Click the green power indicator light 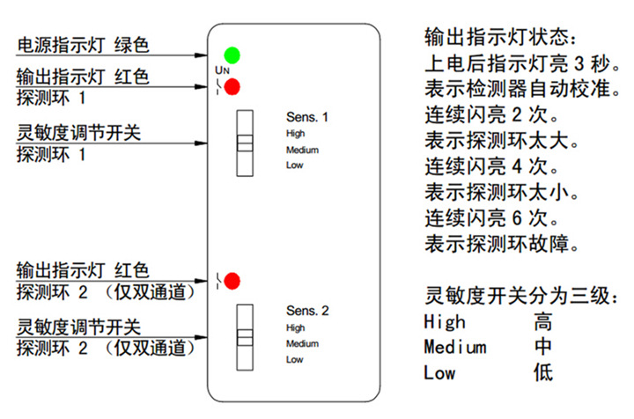(x=232, y=55)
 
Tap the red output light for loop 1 (x=232, y=87)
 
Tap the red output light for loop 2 (x=232, y=282)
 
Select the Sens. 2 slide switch (x=245, y=338)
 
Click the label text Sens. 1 (x=307, y=117)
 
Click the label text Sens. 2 (x=307, y=312)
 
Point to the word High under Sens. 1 (x=295, y=134)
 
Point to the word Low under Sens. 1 (x=294, y=165)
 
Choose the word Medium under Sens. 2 (x=302, y=343)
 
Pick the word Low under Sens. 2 (x=294, y=359)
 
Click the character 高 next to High (x=543, y=321)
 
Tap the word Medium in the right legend (x=454, y=347)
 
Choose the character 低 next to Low (x=543, y=372)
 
